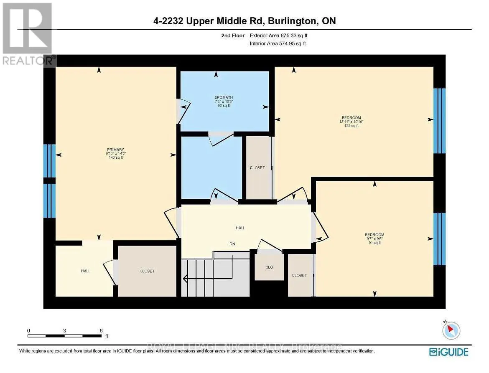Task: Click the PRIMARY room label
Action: [x=116, y=150]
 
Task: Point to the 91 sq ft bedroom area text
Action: [x=374, y=243]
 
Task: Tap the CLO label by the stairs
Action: [x=269, y=267]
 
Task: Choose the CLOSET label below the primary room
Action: [x=147, y=272]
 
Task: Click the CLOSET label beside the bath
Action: [x=257, y=167]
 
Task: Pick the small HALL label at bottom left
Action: [x=86, y=271]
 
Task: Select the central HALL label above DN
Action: [x=240, y=228]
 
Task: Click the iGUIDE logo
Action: [x=449, y=351]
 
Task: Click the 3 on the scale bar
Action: [x=64, y=330]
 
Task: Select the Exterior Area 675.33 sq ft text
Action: [x=281, y=36]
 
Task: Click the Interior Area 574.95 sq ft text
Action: [x=278, y=43]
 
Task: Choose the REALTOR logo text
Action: [x=28, y=61]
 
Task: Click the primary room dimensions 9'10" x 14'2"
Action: [x=116, y=154]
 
